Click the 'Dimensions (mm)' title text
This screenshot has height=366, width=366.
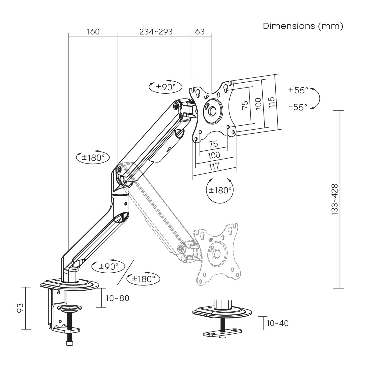tap(303, 26)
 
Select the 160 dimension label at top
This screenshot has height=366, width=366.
tap(93, 32)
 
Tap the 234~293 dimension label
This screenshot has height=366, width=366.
tap(156, 32)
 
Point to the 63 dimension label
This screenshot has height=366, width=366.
tap(200, 32)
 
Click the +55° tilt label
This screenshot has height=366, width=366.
tap(298, 90)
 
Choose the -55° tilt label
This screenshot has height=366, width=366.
tap(298, 107)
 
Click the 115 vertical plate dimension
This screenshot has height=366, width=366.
tap(272, 102)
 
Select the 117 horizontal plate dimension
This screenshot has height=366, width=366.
tap(214, 167)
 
